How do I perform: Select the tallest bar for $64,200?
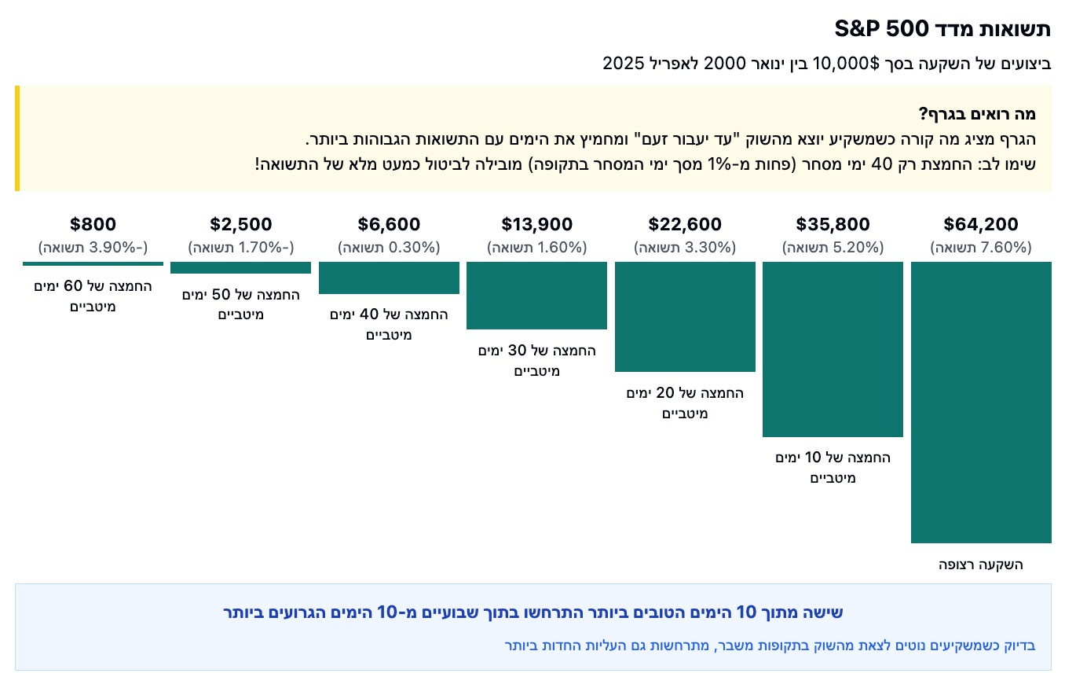[980, 402]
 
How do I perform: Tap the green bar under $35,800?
[833, 349]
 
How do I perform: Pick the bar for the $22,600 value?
[685, 317]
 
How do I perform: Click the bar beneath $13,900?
[536, 296]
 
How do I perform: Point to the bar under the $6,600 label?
[389, 278]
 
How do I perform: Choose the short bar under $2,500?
[240, 267]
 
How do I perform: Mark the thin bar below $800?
[93, 263]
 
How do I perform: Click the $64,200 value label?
[980, 225]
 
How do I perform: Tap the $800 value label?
[93, 225]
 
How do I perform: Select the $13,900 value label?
[536, 225]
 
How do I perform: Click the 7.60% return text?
[980, 248]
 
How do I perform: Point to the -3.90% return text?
[93, 248]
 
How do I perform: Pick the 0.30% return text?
[389, 248]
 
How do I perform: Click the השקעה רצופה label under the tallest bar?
[981, 565]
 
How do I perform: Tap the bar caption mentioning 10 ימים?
[833, 467]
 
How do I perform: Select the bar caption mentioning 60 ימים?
[93, 296]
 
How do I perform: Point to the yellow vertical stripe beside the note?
[16, 138]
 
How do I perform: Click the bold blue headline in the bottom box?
[532, 612]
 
